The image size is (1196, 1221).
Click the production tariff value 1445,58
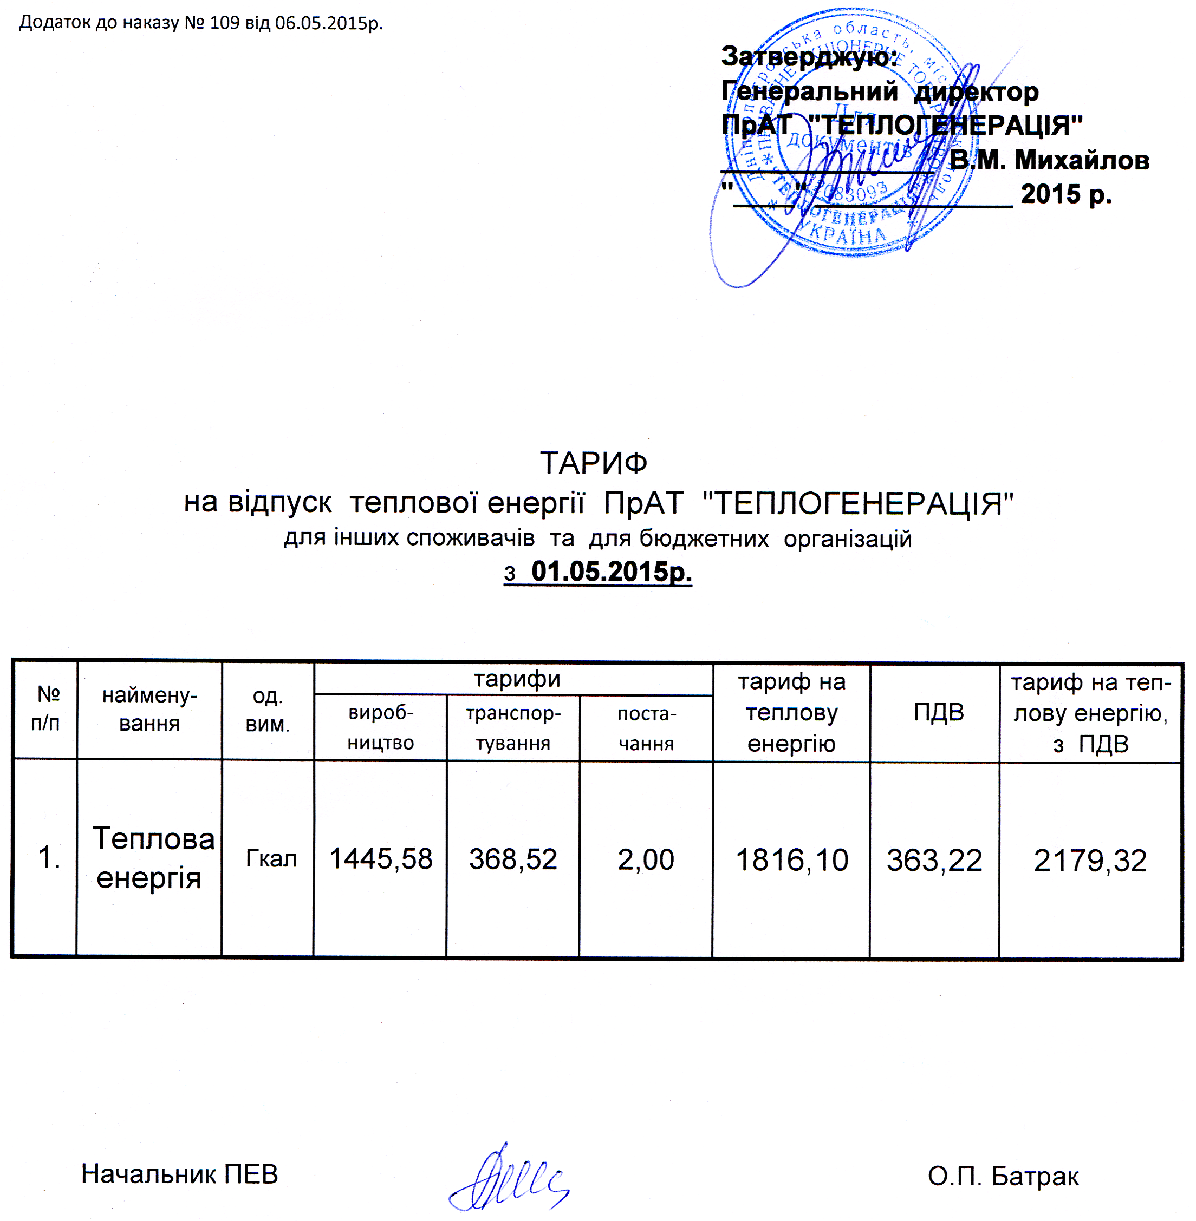381,859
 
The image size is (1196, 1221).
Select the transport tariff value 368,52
513,859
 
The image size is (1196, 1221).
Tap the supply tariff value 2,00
646,859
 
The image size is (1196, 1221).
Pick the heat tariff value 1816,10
791,860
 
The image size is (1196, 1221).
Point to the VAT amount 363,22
934,860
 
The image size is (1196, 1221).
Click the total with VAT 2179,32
1090,860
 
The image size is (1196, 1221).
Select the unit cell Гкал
271,858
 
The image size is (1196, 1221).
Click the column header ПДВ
939,712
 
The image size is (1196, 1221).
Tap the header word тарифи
516,679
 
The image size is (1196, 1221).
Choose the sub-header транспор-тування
513,728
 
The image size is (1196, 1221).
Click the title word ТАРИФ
594,463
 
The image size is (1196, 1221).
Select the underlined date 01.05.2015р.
611,572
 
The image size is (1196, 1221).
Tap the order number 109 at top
224,23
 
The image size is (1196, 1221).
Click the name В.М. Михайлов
1049,160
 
